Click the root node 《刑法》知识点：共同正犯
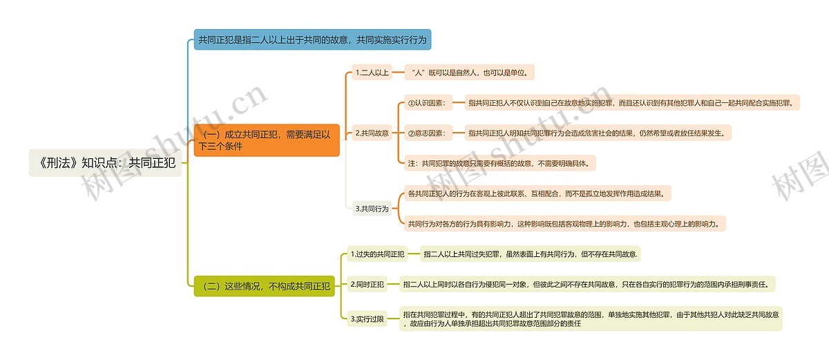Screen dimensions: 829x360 coord(106,163)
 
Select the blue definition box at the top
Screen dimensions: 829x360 coord(313,39)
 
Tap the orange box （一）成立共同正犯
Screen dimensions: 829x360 coord(267,140)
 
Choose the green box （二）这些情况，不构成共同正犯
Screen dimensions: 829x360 coord(264,286)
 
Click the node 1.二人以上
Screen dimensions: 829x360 coord(372,73)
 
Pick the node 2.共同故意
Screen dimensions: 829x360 coord(372,133)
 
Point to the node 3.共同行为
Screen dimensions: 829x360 coord(372,209)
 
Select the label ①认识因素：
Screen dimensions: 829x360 coord(428,103)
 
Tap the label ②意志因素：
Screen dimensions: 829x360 coord(428,133)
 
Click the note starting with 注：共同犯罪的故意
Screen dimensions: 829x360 coord(500,163)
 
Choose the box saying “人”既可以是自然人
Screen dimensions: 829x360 coord(469,73)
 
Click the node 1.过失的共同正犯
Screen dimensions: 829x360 coord(377,254)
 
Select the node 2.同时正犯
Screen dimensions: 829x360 coord(367,285)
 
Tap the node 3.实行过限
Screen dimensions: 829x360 coord(367,319)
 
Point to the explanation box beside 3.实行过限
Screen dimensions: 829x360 coord(591,319)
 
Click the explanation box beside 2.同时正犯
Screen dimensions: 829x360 coord(587,285)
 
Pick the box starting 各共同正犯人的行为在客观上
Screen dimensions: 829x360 coord(537,193)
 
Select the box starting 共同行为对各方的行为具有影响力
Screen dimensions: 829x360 coord(565,224)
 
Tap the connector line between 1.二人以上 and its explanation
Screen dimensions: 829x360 coord(398,73)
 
